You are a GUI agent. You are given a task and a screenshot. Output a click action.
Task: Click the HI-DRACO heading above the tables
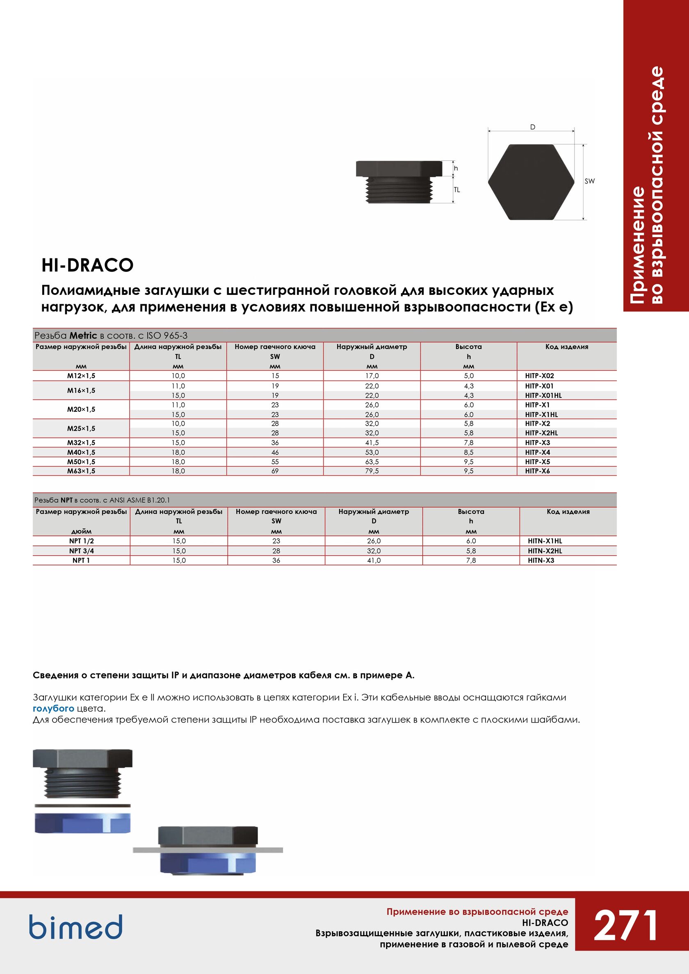point(87,265)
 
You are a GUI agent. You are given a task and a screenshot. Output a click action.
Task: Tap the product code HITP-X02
point(539,376)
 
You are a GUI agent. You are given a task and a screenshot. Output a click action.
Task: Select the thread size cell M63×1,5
point(81,471)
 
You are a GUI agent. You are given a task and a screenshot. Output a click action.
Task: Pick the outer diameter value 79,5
point(372,471)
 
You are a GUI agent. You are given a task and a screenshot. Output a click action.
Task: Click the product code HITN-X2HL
point(545,551)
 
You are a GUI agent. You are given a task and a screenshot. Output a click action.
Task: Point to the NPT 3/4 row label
point(82,551)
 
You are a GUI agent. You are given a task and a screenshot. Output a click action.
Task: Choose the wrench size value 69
point(275,471)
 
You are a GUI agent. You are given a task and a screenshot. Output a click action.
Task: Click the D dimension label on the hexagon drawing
point(533,127)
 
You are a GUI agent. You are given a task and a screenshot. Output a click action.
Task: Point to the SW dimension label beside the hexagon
point(589,181)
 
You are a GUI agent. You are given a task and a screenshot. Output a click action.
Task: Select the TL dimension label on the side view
point(456,190)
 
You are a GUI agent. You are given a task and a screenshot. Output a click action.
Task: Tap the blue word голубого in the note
point(53,708)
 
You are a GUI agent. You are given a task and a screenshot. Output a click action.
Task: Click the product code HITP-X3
point(537,443)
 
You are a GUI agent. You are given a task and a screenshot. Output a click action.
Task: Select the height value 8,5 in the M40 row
point(468,452)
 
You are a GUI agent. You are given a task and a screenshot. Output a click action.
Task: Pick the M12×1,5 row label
point(81,376)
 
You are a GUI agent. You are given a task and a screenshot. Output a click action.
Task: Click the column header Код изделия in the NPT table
point(568,511)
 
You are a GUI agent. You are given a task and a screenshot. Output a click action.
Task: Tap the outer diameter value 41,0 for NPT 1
point(373,560)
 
